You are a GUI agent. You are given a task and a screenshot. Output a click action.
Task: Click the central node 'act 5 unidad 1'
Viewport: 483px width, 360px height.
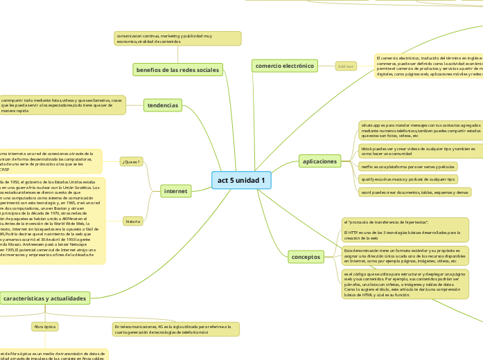[x=241, y=181]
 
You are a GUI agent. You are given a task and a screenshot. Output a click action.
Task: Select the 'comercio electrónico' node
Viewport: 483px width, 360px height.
[x=285, y=66]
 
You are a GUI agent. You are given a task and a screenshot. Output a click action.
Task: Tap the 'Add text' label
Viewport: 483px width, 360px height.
[x=345, y=66]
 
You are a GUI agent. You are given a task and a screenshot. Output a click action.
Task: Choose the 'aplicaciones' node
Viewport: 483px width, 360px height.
[x=319, y=161]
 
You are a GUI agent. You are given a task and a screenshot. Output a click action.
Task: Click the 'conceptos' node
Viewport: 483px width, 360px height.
[x=306, y=257]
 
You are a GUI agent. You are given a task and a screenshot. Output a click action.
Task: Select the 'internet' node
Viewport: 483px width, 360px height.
[x=175, y=190]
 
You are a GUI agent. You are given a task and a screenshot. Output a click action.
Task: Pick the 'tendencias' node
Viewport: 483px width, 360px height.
[x=163, y=105]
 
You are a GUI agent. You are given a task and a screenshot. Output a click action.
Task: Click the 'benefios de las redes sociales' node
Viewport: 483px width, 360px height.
[x=177, y=69]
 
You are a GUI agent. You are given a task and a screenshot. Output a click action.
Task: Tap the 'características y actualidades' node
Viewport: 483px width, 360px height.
[x=45, y=298]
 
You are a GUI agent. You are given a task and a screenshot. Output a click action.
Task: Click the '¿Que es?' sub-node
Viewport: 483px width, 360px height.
[x=130, y=162]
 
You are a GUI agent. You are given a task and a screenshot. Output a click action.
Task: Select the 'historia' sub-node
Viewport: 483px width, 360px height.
[x=132, y=222]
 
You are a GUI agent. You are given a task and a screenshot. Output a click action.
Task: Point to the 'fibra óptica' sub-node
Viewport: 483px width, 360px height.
[x=44, y=325]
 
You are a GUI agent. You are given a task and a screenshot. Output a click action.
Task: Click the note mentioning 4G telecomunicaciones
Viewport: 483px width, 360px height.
[x=175, y=328]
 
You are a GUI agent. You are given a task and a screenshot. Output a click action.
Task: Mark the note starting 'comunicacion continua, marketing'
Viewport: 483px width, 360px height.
[x=178, y=38]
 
